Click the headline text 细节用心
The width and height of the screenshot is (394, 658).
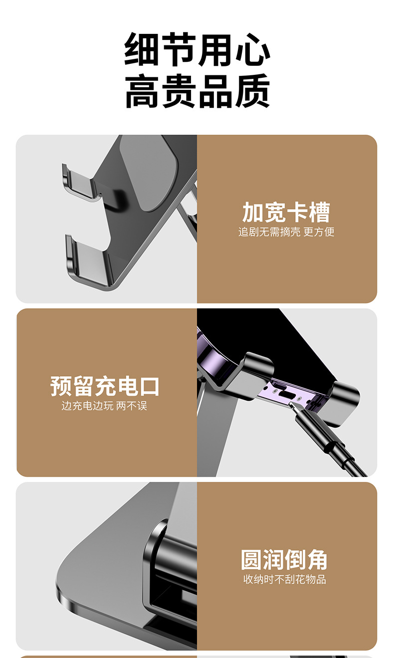click(197, 50)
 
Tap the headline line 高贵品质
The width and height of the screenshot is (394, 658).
click(197, 91)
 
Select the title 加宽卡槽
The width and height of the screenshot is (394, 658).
click(286, 212)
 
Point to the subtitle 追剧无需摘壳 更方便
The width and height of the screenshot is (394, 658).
click(286, 232)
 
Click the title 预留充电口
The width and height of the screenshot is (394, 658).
click(105, 386)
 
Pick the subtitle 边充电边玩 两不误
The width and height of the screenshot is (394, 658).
click(104, 406)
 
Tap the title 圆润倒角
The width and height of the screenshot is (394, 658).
click(284, 560)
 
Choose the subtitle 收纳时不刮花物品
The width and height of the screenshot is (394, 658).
click(284, 579)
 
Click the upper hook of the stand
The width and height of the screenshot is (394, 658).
click(80, 185)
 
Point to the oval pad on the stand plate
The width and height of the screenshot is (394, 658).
click(153, 173)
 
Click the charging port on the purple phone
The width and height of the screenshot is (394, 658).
click(287, 394)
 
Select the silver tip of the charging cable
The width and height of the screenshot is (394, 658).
click(293, 407)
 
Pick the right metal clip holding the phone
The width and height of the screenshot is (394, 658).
click(342, 403)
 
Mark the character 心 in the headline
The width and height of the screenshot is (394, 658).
click(252, 50)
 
